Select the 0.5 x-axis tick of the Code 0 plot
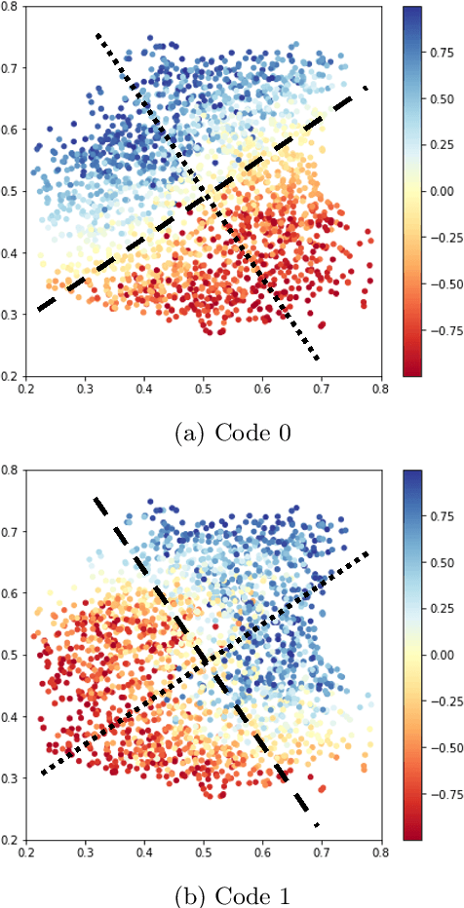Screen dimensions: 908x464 pyautogui.click(x=204, y=387)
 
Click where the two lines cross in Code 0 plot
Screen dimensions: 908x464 pyautogui.click(x=205, y=200)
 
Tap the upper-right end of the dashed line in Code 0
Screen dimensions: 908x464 pyautogui.click(x=367, y=88)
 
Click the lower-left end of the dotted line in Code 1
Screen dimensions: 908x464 pyautogui.click(x=41, y=774)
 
